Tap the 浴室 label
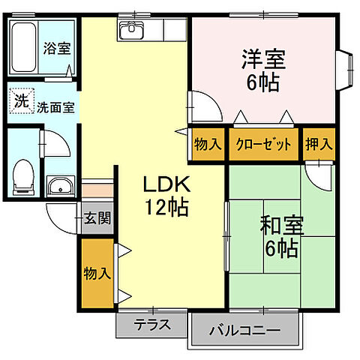tap(56, 49)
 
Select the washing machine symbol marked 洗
tap(20, 100)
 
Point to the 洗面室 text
tap(55, 106)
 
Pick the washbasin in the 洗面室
tap(58, 186)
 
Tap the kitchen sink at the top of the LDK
tap(134, 32)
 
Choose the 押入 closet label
tap(319, 145)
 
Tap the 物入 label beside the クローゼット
tap(208, 145)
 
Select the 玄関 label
tap(97, 219)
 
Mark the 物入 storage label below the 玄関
tap(97, 274)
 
